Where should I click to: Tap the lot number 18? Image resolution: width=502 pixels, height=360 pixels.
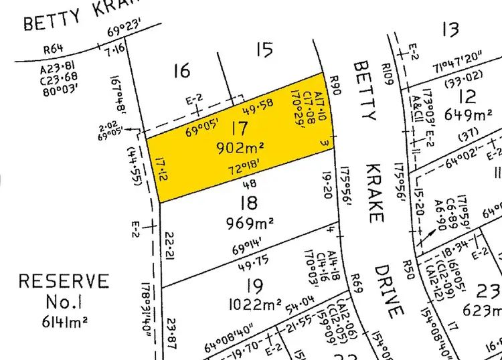(253, 203)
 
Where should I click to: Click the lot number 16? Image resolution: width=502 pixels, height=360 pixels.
(182, 70)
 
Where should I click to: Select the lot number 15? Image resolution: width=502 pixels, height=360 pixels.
(264, 49)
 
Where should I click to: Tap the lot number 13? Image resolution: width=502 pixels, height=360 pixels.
(450, 29)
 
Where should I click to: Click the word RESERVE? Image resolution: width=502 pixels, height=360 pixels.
(64, 281)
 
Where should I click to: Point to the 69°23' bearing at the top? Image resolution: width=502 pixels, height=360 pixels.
(120, 29)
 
